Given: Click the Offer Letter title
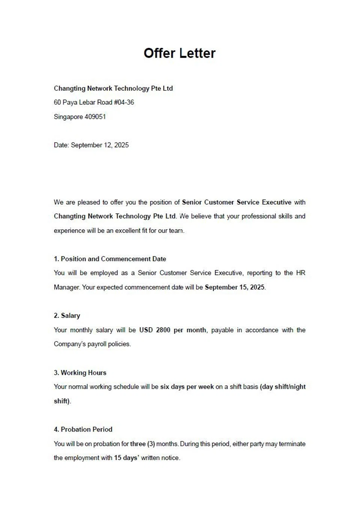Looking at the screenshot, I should pyautogui.click(x=180, y=53).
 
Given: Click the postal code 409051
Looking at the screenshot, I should pyautogui.click(x=95, y=117).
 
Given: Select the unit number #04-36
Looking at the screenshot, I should pyautogui.click(x=124, y=102).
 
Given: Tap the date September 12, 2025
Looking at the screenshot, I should pyautogui.click(x=99, y=145).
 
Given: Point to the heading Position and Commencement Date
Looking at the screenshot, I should pyautogui.click(x=113, y=259).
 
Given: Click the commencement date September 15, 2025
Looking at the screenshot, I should pyautogui.click(x=235, y=287).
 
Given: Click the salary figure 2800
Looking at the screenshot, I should pyautogui.click(x=163, y=330).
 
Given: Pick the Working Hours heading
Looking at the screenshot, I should pyautogui.click(x=83, y=373).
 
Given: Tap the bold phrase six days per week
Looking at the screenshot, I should pyautogui.click(x=187, y=387).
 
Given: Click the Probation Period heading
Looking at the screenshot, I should pyautogui.click(x=86, y=429).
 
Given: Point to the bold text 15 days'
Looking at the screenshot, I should pyautogui.click(x=127, y=458).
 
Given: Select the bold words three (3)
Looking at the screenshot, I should pyautogui.click(x=142, y=444).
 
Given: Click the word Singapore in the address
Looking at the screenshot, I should pyautogui.click(x=68, y=117).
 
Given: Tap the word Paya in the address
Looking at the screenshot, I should pyautogui.click(x=70, y=102).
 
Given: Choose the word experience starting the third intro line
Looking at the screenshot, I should pyautogui.click(x=69, y=231).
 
